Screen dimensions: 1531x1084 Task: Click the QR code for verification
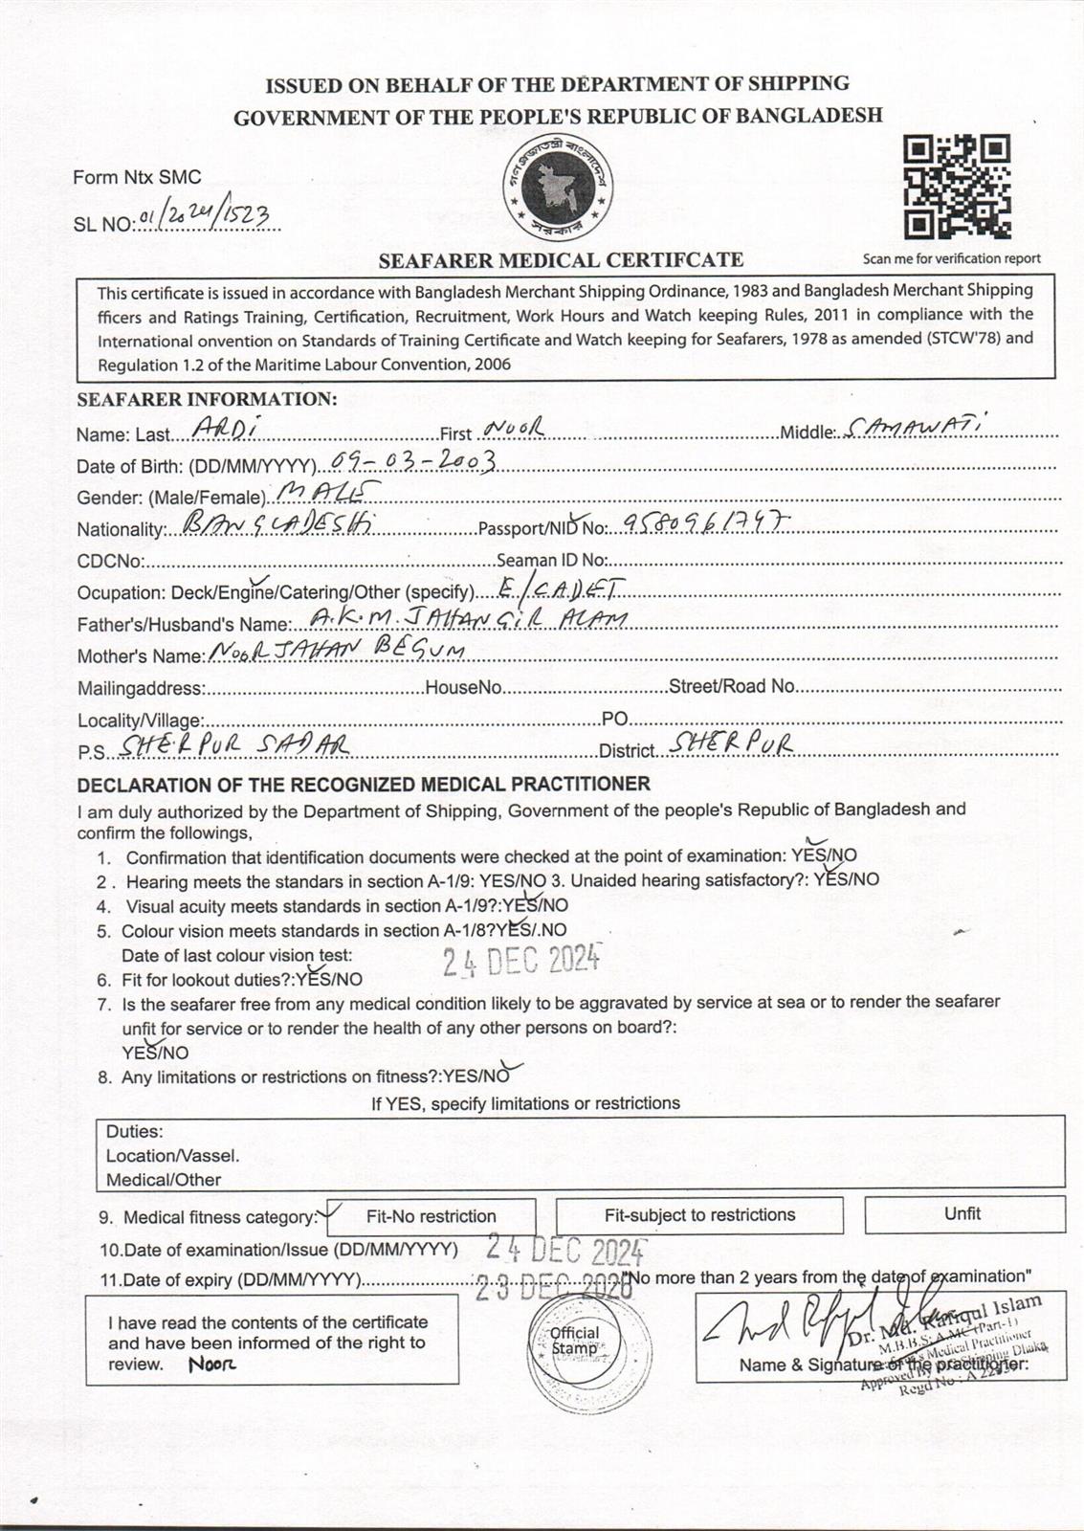coord(957,188)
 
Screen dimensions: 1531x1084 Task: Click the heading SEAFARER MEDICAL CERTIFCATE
coord(561,259)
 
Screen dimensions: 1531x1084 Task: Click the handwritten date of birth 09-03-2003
coord(411,463)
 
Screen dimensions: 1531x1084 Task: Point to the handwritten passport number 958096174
coord(708,521)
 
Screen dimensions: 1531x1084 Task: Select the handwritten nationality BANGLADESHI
coord(269,524)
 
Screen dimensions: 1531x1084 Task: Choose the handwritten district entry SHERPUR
coord(732,744)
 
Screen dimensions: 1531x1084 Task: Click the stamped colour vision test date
coord(520,958)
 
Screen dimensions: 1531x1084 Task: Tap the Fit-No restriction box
coord(431,1216)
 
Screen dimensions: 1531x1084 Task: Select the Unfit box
coord(963,1214)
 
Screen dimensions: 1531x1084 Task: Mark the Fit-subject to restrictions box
coord(699,1215)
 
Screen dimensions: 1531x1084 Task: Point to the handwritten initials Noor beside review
coord(211,1364)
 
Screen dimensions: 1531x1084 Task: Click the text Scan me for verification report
coord(951,258)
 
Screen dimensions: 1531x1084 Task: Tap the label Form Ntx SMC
coord(137,177)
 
